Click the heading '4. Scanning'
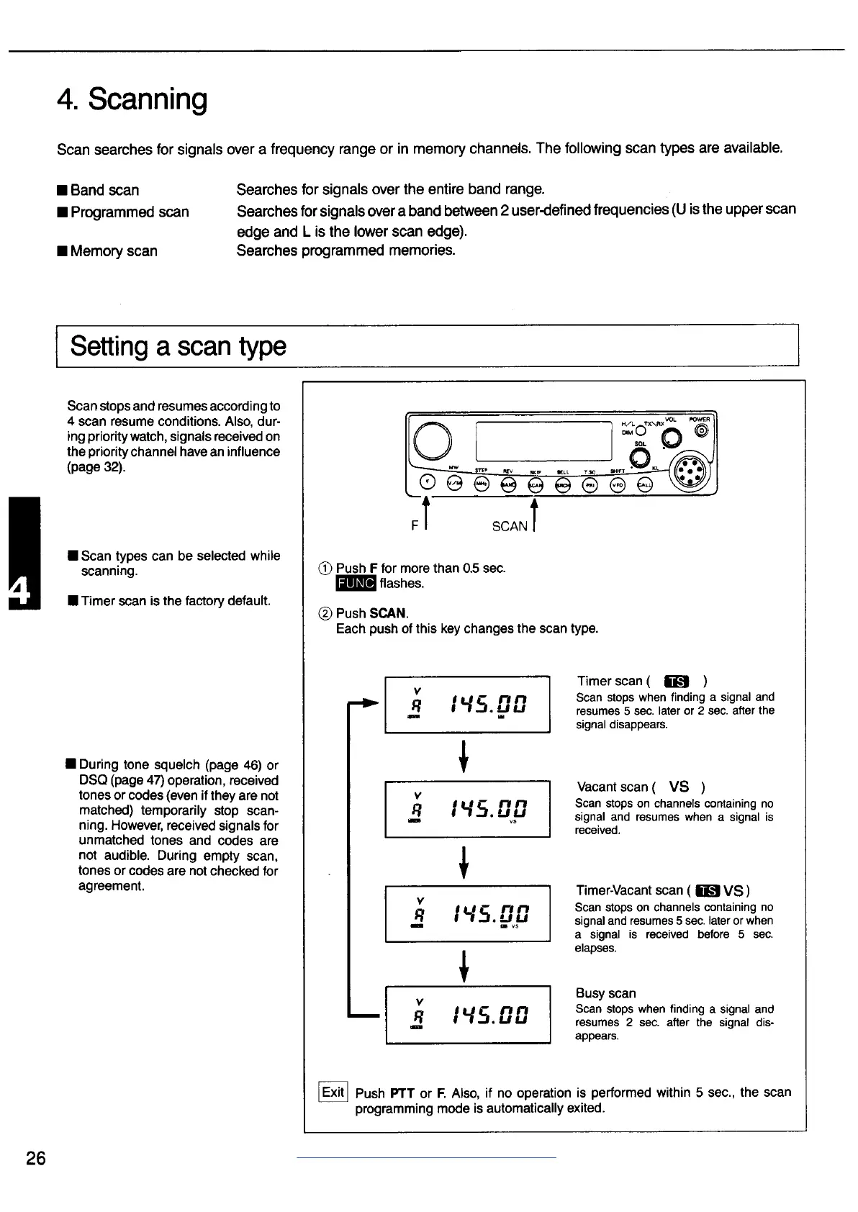click(x=132, y=100)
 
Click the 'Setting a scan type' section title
click(x=178, y=346)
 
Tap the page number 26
click(x=35, y=1158)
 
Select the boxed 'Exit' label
click(x=333, y=1092)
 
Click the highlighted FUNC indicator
click(x=356, y=584)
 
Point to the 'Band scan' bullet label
click(x=104, y=190)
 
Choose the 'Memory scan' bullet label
click(x=114, y=251)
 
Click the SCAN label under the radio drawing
click(x=510, y=526)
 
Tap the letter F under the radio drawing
click(x=415, y=526)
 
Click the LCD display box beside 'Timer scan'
click(x=467, y=704)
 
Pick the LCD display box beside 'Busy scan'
click(x=467, y=1014)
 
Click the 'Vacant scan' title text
click(x=615, y=787)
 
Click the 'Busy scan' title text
click(x=605, y=993)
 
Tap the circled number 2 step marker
click(x=324, y=614)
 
